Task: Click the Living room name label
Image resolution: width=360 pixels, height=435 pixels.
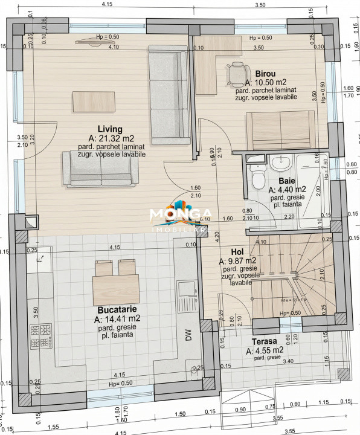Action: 111,129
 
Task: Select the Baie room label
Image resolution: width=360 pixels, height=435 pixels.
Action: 287,181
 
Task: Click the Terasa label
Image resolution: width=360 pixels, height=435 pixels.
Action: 265,341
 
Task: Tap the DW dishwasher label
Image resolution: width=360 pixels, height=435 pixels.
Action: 188,337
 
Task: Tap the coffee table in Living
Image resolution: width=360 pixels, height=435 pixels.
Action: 89,100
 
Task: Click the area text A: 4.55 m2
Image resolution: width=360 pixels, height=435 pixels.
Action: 265,350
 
